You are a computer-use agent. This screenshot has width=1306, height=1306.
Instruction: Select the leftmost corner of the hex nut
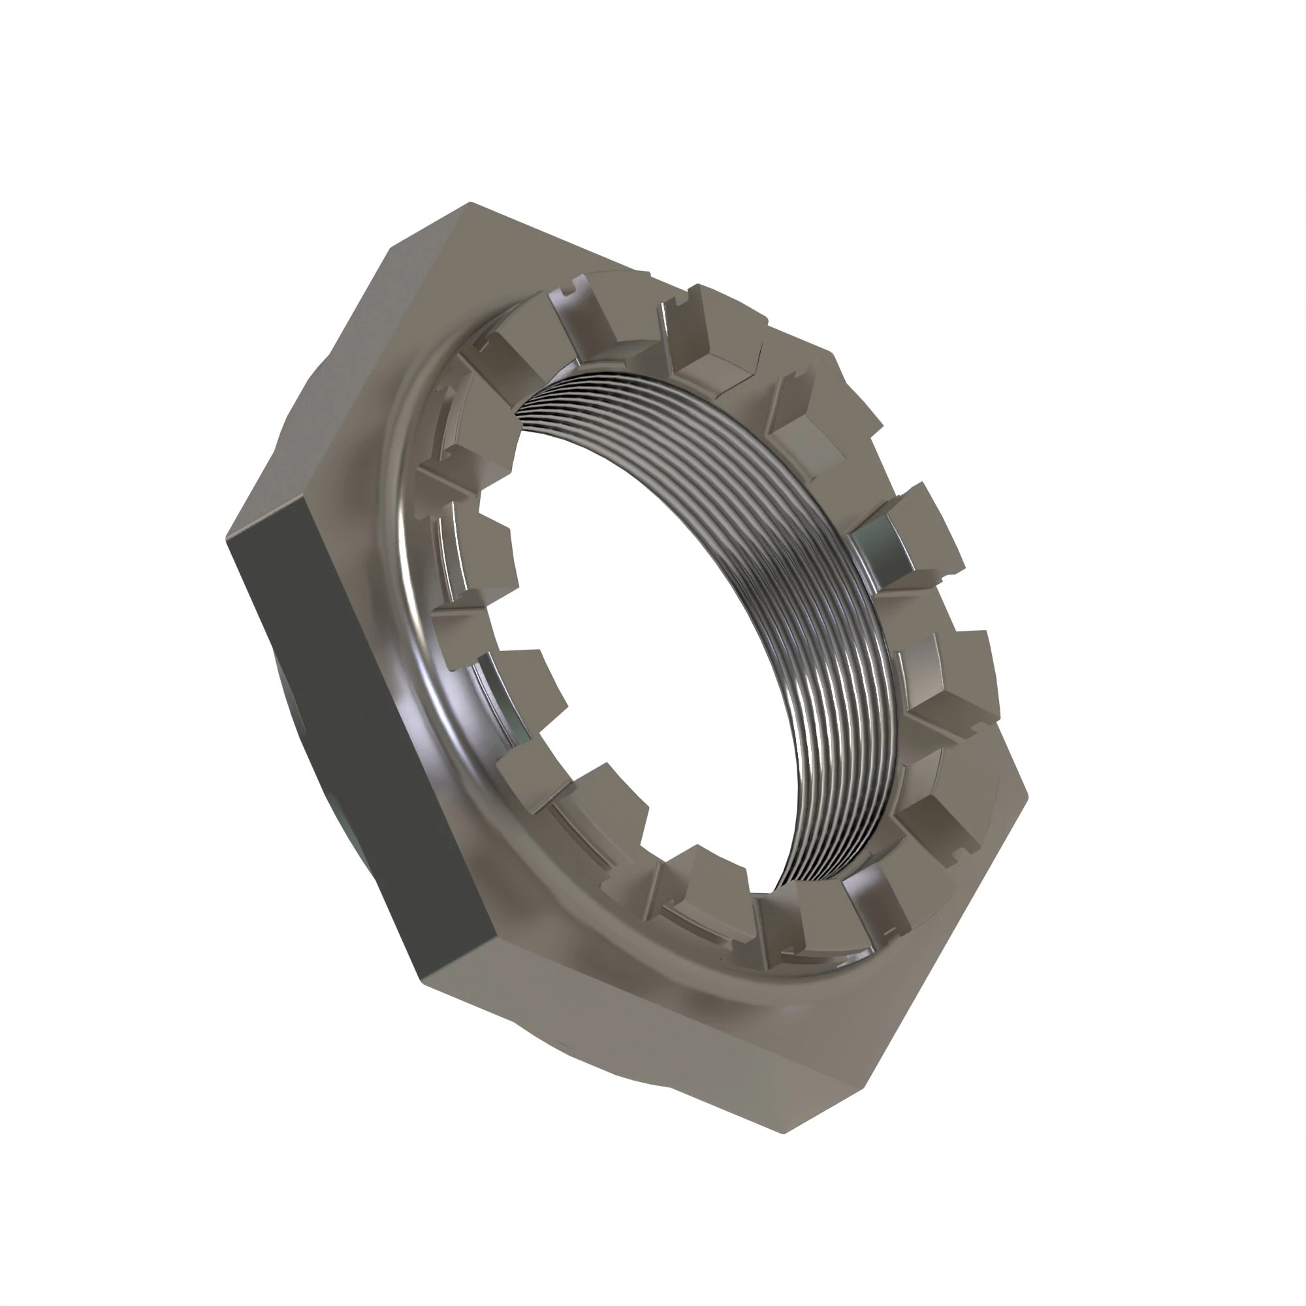pyautogui.click(x=227, y=538)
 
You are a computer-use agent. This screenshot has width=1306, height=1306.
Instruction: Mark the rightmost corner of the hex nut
pyautogui.click(x=1027, y=798)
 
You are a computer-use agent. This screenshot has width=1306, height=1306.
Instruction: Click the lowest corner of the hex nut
pyautogui.click(x=784, y=1133)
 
